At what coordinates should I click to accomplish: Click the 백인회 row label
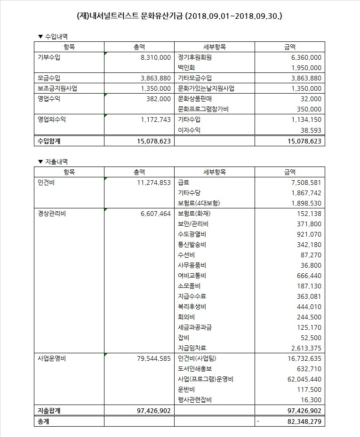[186, 68]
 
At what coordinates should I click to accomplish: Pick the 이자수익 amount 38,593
[311, 130]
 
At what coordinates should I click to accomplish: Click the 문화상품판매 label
[195, 99]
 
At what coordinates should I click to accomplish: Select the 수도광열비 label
[192, 234]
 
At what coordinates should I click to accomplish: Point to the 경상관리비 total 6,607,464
[155, 214]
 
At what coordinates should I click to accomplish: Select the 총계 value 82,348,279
[303, 421]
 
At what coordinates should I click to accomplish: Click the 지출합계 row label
[49, 411]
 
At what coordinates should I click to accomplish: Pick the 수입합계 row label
[49, 141]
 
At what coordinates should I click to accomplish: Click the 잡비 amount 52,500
[311, 338]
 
